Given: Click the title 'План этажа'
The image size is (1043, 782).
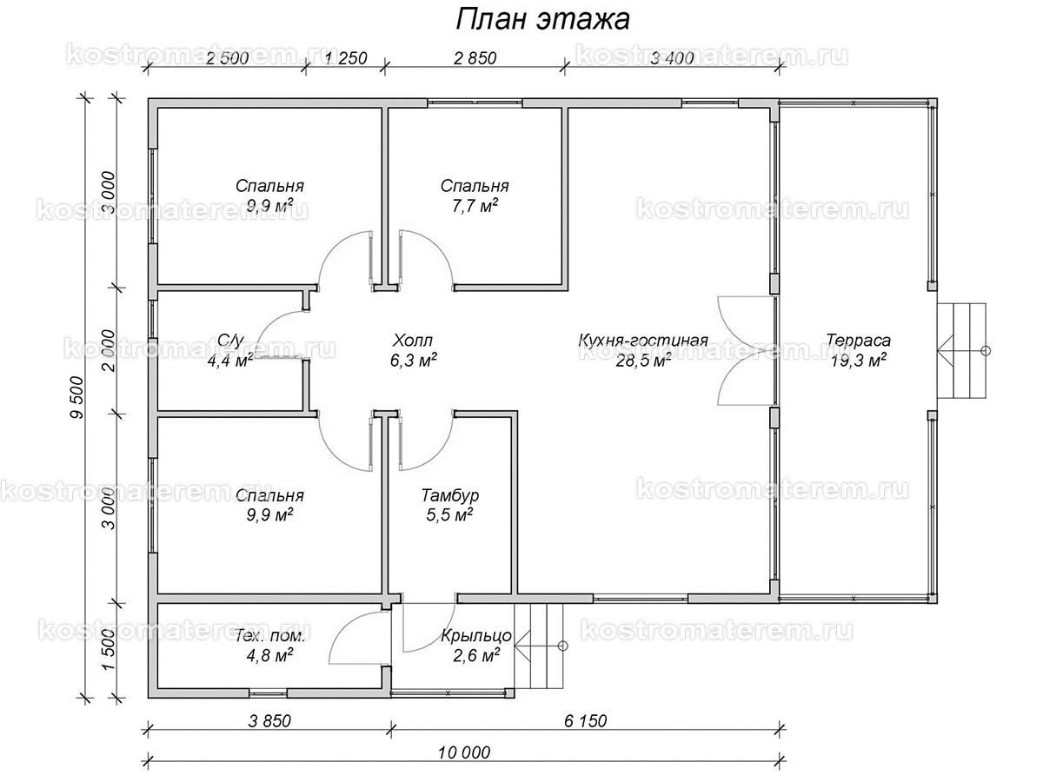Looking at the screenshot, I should (x=542, y=19).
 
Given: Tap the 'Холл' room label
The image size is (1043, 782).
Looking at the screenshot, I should (x=412, y=340).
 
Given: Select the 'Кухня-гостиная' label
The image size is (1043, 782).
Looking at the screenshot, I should (x=643, y=340).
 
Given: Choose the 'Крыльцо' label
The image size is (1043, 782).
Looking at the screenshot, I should (x=475, y=636).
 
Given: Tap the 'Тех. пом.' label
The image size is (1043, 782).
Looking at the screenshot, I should (x=269, y=636).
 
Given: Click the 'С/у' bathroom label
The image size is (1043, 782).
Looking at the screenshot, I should (x=229, y=340).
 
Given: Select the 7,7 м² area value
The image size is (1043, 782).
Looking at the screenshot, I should (x=474, y=206).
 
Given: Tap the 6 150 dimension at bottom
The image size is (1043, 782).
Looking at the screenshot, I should (x=583, y=720).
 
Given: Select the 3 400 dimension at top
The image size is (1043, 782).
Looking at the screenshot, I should (x=670, y=59).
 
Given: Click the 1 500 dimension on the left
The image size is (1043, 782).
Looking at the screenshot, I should (x=109, y=650).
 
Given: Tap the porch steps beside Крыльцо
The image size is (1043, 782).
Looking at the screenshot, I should (x=536, y=646).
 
